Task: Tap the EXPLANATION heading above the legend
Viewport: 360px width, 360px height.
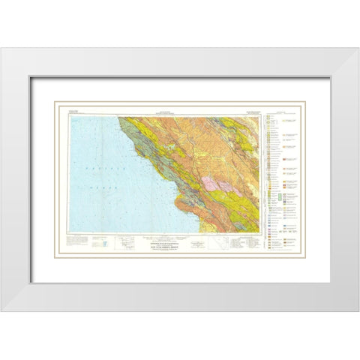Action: tap(280, 114)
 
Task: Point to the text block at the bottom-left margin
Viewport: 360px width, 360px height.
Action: tap(78, 239)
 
